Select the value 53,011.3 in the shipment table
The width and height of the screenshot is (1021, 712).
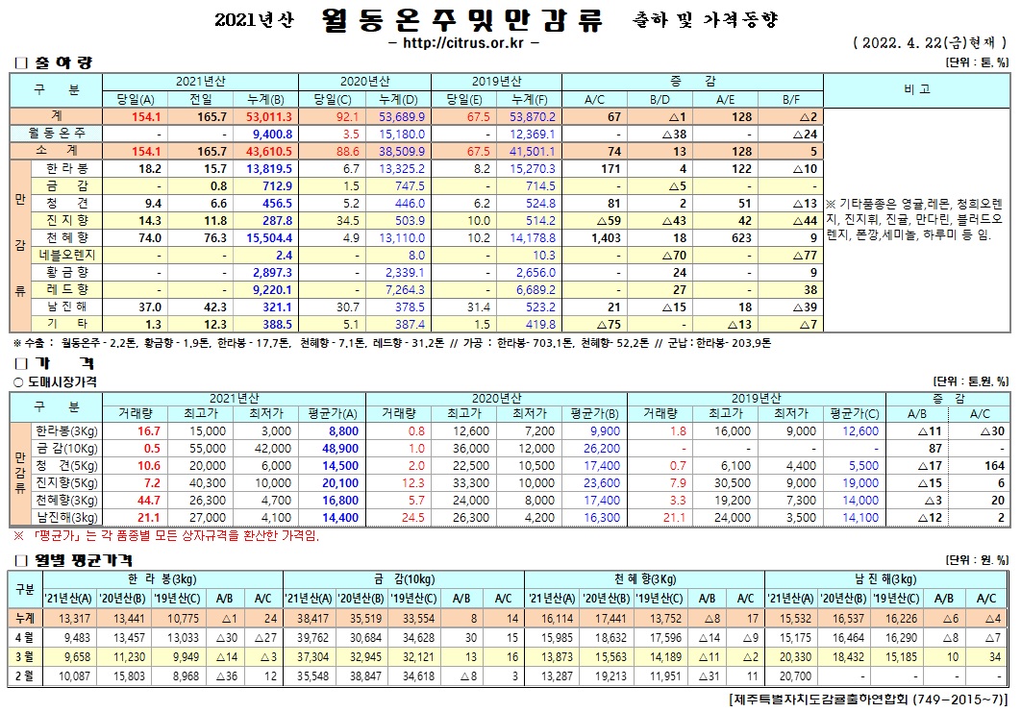tap(269, 116)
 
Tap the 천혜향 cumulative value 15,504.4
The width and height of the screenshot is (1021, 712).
tap(269, 237)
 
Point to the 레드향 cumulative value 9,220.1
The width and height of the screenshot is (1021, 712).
tap(271, 289)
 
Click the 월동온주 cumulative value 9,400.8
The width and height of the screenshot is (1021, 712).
tap(271, 134)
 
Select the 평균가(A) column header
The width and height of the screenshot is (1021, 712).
tap(337, 415)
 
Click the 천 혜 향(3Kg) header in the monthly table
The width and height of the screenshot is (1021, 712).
tap(642, 579)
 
